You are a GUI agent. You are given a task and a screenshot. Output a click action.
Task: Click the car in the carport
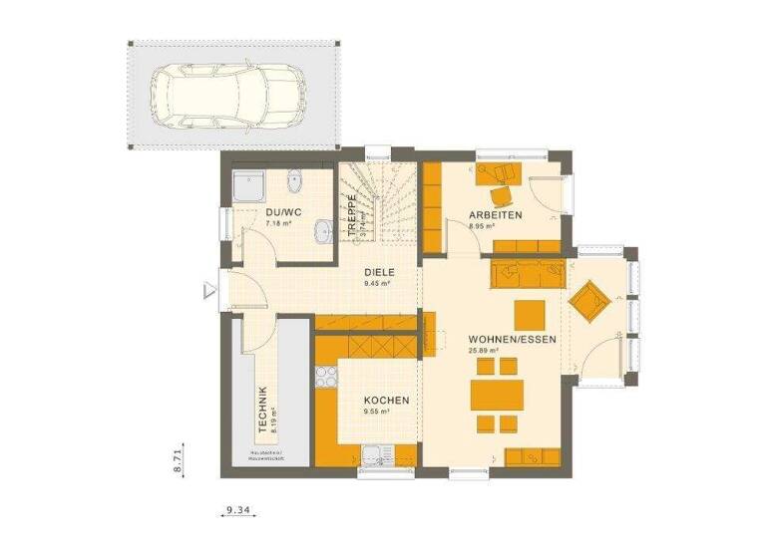[227, 96]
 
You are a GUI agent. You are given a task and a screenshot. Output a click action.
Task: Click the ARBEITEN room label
[496, 215]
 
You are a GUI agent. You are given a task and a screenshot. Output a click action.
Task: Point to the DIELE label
[379, 271]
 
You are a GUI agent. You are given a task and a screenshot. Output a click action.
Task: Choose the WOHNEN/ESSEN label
[513, 339]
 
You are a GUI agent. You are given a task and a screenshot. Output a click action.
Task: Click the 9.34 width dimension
[236, 510]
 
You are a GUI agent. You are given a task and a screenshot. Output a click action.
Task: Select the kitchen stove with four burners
[325, 378]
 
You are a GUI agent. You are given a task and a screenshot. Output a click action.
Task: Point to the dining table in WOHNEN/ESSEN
[496, 396]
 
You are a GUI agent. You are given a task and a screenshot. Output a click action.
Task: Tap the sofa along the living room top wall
[528, 271]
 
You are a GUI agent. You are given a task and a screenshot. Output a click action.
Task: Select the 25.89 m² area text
[484, 351]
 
